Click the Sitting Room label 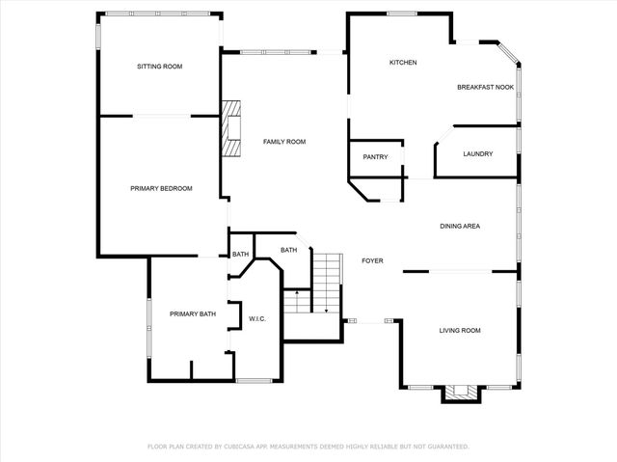click(159, 67)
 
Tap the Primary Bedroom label click(161, 188)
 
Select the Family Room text click(284, 142)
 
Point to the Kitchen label click(402, 63)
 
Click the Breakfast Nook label click(484, 88)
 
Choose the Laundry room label click(478, 154)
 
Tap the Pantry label click(375, 157)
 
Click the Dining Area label click(460, 227)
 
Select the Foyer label click(373, 260)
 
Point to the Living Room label click(460, 331)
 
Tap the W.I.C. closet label click(257, 318)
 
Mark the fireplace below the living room click(460, 393)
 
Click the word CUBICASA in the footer click(249, 447)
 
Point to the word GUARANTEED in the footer click(446, 447)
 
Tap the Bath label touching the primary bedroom click(240, 255)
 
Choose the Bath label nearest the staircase click(288, 251)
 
